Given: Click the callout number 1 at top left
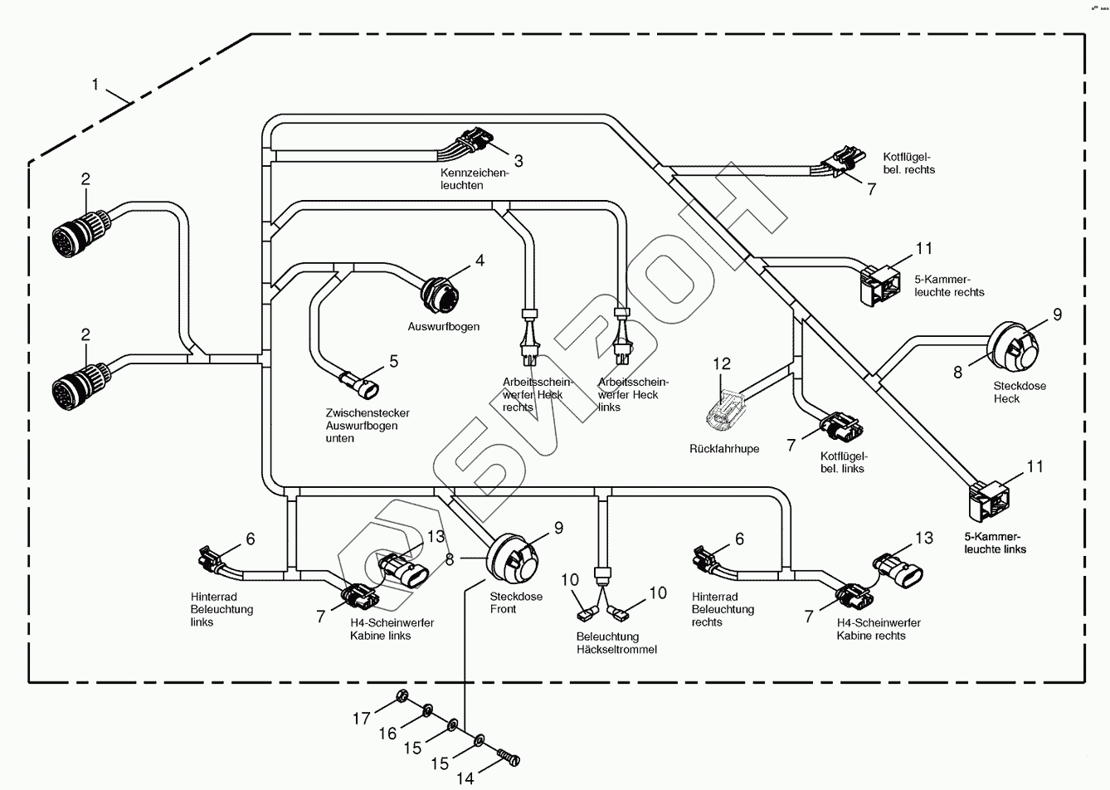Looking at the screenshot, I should pos(95,84).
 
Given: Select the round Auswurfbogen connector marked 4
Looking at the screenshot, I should pos(434,291).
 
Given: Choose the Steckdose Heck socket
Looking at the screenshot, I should pos(1015,349).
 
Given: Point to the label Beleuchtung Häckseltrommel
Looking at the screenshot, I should pos(616,643).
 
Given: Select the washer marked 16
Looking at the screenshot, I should pos(426,710).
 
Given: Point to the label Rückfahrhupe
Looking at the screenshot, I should pos(723,449).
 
